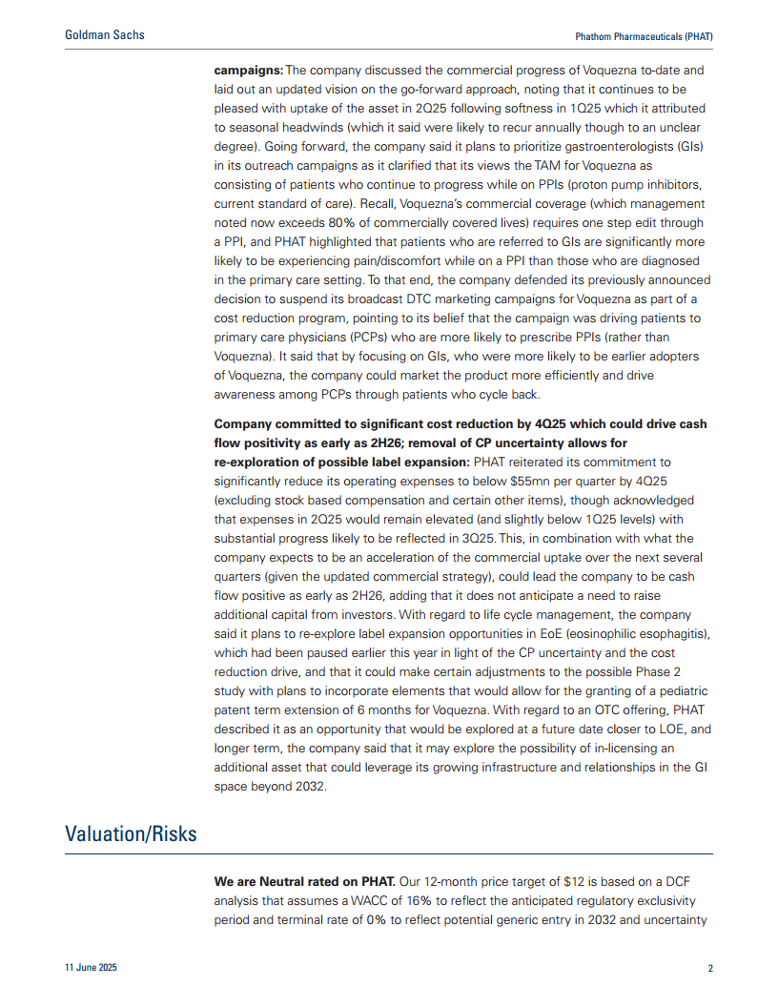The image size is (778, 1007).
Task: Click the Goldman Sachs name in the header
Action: coord(105,35)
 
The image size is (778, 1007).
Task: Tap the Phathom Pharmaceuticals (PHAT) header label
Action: coord(644,36)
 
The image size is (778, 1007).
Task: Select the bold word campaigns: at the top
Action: coord(248,71)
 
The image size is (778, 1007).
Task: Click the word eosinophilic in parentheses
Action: coord(599,633)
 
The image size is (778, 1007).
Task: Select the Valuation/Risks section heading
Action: coord(131,833)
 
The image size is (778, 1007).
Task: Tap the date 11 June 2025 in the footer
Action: coord(92,969)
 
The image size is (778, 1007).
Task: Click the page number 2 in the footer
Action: coord(710,969)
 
